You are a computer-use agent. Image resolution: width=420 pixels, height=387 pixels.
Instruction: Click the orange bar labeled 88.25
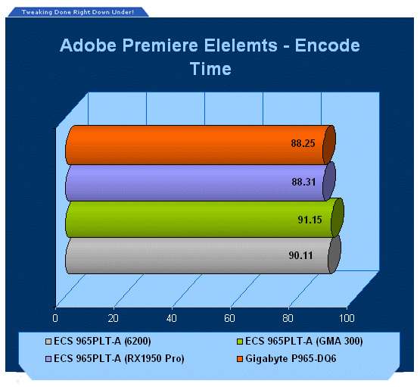[201, 145]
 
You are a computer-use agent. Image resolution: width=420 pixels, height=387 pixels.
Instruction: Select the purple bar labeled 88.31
[201, 183]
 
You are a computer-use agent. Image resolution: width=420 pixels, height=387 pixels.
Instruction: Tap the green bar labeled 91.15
[204, 218]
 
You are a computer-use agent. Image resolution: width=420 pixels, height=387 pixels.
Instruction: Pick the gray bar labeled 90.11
[203, 255]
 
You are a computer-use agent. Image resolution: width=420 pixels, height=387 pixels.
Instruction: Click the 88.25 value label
[303, 143]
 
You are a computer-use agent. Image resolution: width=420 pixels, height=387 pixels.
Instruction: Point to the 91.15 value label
[310, 220]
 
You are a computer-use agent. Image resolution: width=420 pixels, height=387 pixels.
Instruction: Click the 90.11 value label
[300, 255]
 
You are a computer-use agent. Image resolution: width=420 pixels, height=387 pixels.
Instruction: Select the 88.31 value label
[303, 182]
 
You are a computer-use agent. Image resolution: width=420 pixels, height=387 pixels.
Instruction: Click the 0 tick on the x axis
[55, 318]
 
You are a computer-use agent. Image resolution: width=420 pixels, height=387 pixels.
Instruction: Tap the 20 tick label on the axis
[114, 318]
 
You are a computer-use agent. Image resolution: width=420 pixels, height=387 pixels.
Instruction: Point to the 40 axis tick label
[172, 318]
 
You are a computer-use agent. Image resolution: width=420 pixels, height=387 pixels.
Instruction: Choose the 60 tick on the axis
[229, 318]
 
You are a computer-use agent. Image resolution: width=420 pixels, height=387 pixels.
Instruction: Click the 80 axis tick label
[288, 318]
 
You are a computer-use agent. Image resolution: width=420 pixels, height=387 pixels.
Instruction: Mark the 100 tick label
[347, 318]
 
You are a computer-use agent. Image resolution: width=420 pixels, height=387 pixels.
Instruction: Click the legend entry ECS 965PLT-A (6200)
[98, 341]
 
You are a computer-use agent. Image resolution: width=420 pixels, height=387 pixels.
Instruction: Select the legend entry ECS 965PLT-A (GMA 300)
[300, 341]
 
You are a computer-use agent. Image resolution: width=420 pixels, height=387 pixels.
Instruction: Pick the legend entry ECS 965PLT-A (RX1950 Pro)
[115, 358]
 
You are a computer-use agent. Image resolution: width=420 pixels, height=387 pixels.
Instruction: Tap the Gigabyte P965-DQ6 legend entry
[287, 358]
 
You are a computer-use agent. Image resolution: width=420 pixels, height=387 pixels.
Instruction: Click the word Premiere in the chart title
[160, 45]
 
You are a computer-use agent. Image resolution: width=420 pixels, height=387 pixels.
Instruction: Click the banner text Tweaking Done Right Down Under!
[78, 12]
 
